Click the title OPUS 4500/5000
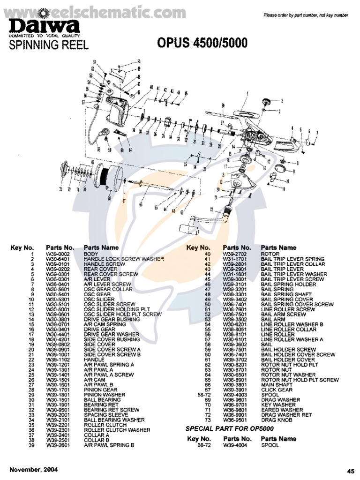tap(202, 44)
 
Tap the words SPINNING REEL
tap(48, 45)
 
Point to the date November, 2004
tap(34, 470)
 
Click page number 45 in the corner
tap(351, 471)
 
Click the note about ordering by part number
tap(306, 15)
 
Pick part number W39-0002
tap(55, 254)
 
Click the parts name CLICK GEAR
tap(277, 390)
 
